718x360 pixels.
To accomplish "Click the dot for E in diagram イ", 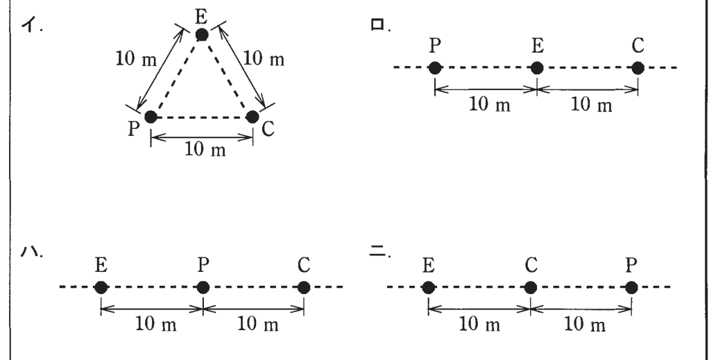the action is click(x=201, y=35).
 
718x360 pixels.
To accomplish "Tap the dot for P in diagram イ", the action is click(x=151, y=117).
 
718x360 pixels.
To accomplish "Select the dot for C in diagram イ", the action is click(x=253, y=117).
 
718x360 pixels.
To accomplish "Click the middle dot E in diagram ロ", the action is click(x=537, y=68).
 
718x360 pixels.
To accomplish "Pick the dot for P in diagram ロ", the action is click(x=435, y=68).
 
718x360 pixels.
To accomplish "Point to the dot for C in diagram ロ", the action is click(x=638, y=68).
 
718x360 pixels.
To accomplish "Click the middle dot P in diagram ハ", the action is click(x=203, y=288).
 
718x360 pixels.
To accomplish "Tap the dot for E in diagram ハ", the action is click(x=101, y=288).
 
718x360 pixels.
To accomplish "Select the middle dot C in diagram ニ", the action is click(x=530, y=288).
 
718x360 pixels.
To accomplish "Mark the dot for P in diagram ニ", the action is click(x=631, y=288).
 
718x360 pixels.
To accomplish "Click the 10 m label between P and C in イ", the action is click(x=205, y=149).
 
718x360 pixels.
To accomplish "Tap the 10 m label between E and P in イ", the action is click(x=136, y=59).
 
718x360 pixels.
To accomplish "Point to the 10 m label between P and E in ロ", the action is click(x=490, y=105).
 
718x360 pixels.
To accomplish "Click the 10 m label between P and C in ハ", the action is click(x=258, y=324).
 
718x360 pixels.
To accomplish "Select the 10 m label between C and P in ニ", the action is click(x=585, y=324).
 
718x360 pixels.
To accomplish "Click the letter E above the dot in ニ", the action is click(x=428, y=266).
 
